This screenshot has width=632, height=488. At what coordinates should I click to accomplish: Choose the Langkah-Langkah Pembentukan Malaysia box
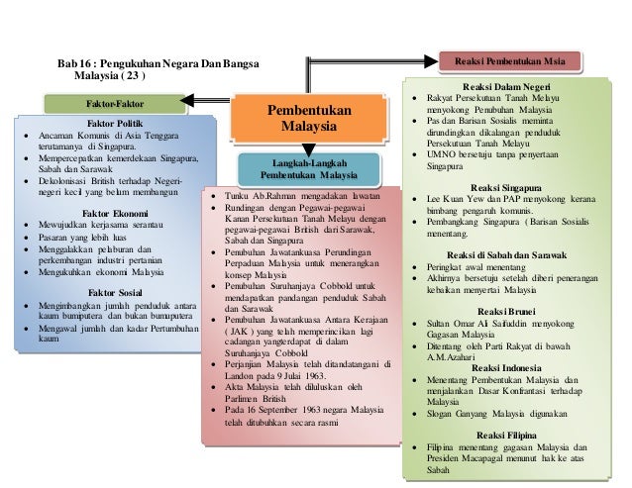(309, 169)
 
